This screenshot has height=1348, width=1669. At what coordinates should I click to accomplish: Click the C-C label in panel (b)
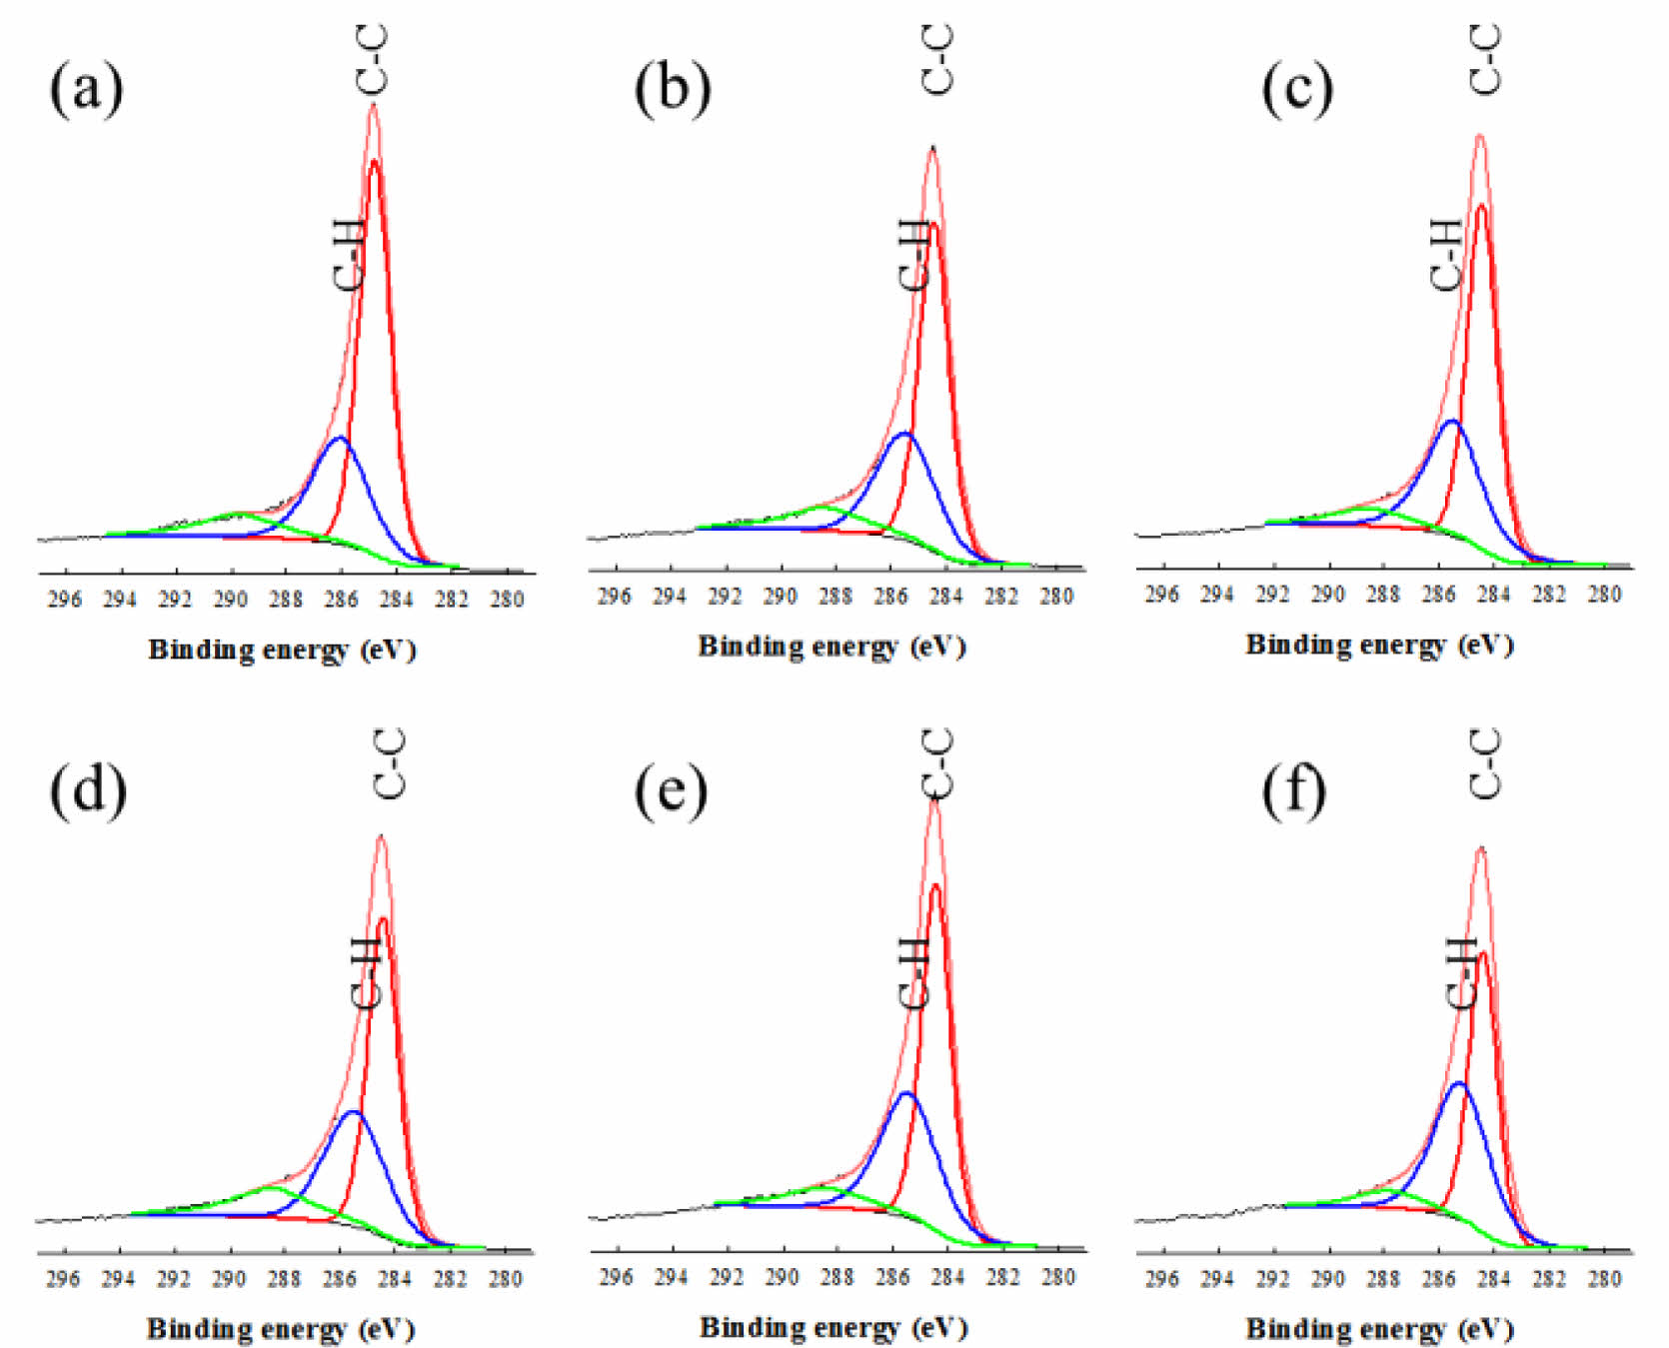tap(937, 60)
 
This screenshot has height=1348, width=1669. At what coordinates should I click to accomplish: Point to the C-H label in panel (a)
tap(349, 256)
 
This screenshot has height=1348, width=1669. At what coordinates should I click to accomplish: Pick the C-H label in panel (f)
tap(1461, 972)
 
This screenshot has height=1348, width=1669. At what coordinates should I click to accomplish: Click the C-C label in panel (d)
tap(389, 764)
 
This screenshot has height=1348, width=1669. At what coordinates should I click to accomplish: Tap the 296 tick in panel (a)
tap(65, 600)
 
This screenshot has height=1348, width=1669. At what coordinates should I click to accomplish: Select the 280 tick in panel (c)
tap(1604, 595)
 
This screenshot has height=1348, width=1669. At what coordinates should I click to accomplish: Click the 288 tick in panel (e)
tap(837, 1277)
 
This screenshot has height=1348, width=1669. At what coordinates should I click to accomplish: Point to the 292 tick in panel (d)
tap(174, 1280)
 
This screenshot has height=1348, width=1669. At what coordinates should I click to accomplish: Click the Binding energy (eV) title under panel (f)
tap(1379, 1329)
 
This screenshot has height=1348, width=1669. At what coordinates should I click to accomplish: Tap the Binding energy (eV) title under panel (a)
tap(282, 650)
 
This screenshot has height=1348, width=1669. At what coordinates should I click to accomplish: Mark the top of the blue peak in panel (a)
tap(340, 438)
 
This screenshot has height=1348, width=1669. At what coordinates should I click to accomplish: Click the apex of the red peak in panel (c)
tap(1480, 206)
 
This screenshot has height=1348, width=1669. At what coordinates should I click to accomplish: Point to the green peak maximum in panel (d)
tap(272, 1188)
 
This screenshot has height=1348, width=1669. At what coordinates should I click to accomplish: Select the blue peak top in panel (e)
tap(906, 1093)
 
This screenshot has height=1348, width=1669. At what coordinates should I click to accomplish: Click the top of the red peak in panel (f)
tap(1483, 952)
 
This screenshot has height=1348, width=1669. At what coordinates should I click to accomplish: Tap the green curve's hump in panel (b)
tap(823, 507)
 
